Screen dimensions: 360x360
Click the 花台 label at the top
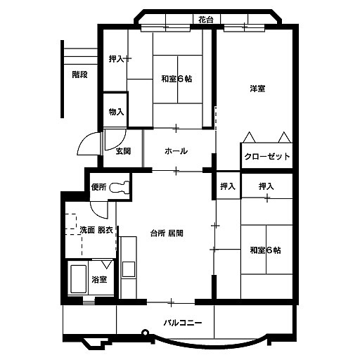pos(206,20)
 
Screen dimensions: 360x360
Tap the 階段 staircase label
pos(79,75)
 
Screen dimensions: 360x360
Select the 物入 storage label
pos(116,112)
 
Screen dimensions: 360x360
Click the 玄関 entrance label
pos(123,151)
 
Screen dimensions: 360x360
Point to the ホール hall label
pos(176,151)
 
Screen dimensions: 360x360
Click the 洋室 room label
pos(257,89)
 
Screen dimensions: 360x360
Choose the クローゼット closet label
pos(267,156)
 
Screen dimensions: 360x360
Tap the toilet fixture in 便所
pos(120,187)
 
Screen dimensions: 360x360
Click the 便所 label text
pos(98,187)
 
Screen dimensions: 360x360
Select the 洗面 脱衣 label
pos(96,230)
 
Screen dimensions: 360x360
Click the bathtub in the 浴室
pos(78,279)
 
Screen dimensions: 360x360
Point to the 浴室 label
pos(99,279)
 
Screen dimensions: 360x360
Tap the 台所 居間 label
pos(167,233)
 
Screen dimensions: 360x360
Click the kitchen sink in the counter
pos(129,269)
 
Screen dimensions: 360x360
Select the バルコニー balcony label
pos(183,323)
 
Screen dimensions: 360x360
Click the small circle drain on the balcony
pos(146,332)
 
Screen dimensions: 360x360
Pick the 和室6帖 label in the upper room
pos(176,79)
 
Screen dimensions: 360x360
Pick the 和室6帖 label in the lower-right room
pos(265,250)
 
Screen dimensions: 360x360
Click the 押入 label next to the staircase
pos(116,59)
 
